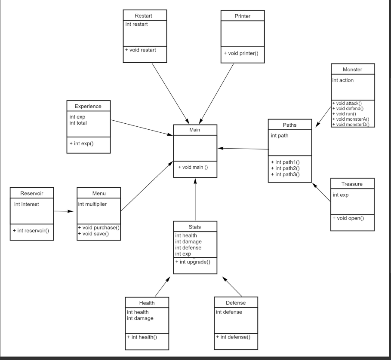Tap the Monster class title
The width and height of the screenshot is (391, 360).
[352, 69]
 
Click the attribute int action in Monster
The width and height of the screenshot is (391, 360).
[343, 80]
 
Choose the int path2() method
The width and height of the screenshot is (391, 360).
[285, 168]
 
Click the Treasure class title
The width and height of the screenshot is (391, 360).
[352, 183]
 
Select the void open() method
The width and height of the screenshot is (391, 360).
[348, 218]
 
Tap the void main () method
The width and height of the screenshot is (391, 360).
[193, 167]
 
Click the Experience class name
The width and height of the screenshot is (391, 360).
[88, 106]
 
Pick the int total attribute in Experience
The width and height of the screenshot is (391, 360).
[78, 123]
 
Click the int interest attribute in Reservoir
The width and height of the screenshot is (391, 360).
[26, 204]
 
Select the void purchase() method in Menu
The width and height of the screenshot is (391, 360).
[99, 227]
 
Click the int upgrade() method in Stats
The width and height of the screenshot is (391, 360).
[193, 262]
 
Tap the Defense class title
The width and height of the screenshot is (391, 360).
[235, 303]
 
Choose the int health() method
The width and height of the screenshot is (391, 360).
[142, 337]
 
